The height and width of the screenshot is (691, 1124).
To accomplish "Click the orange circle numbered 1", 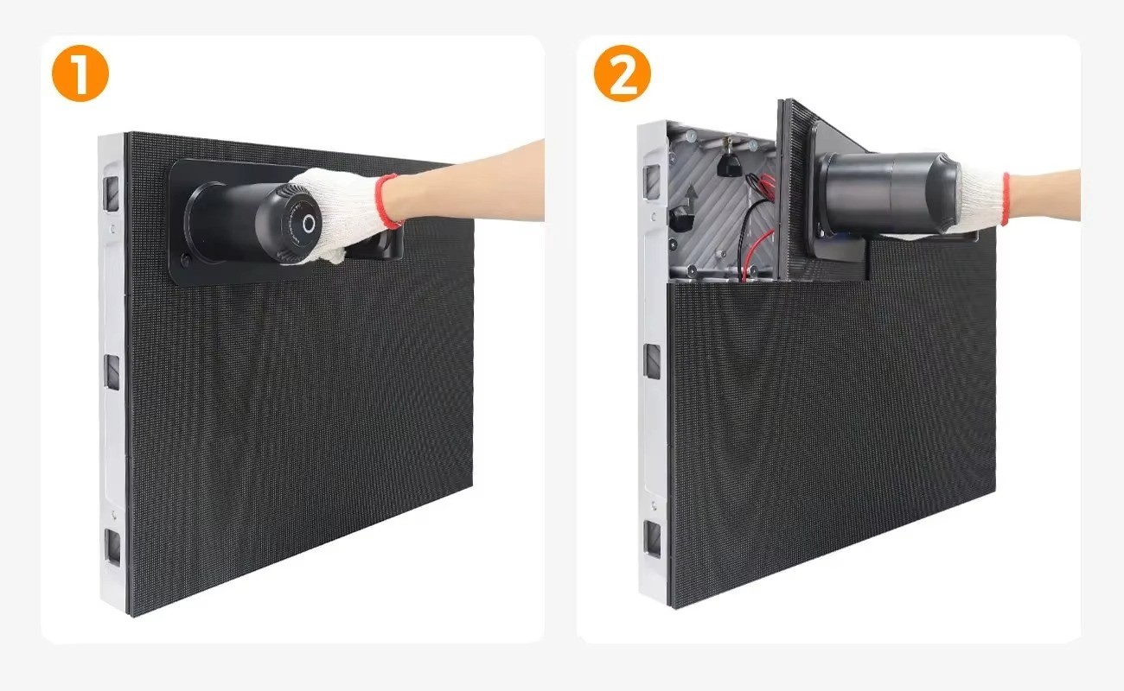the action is [80, 73].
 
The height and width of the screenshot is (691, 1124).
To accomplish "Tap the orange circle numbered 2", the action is [623, 73].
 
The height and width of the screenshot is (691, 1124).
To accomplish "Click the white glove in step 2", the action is [981, 200].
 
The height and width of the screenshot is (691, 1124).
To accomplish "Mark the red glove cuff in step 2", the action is [1005, 199].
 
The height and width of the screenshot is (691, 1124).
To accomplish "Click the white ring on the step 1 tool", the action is [309, 225].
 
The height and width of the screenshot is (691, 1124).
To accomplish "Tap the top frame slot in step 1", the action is [112, 193].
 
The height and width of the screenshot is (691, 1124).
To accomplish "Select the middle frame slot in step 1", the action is [112, 371].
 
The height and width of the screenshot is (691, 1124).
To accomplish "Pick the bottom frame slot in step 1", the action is [113, 547].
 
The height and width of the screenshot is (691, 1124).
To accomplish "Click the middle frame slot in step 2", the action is [653, 361].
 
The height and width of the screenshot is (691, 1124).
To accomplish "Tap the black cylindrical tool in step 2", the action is [888, 194].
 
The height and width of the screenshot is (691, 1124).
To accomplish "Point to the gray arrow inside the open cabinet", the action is [692, 193].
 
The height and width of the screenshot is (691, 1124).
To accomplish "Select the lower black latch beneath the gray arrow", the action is [682, 219].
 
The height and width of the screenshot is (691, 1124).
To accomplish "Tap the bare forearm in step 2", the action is [1044, 195].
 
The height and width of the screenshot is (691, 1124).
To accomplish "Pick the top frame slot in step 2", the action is [652, 181].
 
